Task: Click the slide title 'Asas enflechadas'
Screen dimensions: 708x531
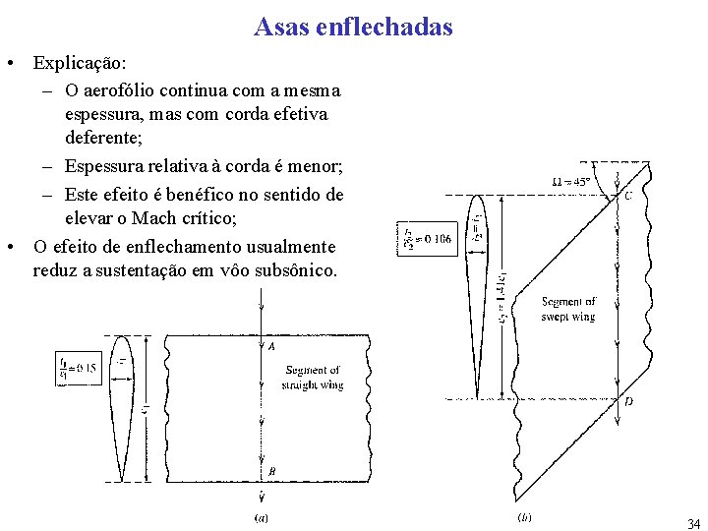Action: (353, 27)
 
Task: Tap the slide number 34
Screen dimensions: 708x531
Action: (694, 523)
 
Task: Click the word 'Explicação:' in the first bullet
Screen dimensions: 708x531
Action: (80, 63)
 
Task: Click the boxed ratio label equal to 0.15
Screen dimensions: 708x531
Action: (78, 368)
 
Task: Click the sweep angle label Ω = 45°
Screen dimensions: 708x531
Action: (571, 182)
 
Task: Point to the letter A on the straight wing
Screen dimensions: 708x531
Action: (271, 346)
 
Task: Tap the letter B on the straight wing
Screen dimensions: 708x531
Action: (271, 472)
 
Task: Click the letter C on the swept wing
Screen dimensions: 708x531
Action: (628, 196)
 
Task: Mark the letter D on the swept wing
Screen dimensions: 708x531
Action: (628, 402)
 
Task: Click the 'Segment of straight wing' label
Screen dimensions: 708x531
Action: (314, 378)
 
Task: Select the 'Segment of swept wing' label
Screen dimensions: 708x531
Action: (568, 309)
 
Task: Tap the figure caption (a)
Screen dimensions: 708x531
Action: (262, 516)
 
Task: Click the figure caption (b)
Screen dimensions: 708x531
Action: (524, 516)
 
